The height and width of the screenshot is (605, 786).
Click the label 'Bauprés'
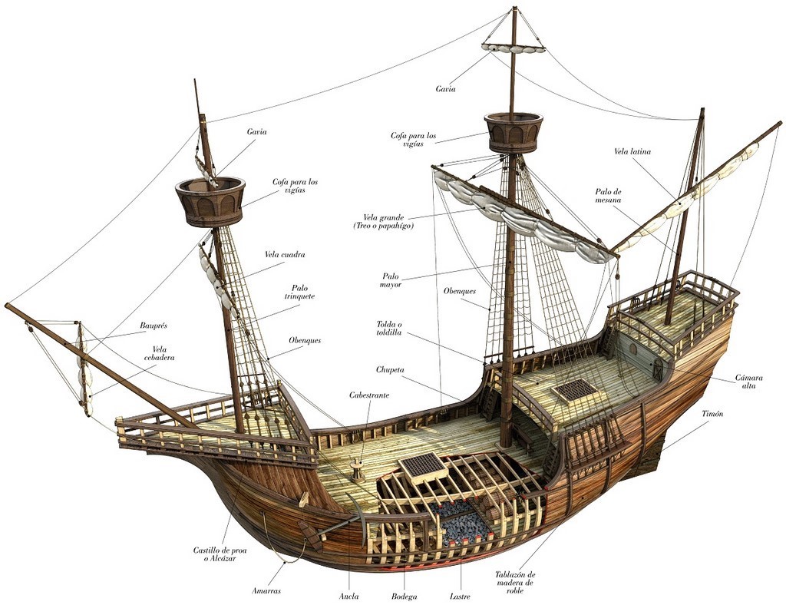pos(154,326)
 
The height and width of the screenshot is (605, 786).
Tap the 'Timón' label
pos(712,414)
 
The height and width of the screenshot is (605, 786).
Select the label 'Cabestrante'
pos(369,395)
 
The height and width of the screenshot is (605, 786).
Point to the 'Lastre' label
pos(461,596)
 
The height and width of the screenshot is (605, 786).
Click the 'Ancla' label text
pos(348,596)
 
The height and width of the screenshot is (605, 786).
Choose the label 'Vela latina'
pos(632,151)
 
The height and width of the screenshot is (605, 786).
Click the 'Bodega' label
pos(404,596)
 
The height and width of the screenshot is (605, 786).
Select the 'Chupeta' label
pos(391,370)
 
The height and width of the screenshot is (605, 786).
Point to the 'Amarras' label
pos(266,590)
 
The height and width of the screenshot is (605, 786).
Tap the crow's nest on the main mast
pos(514,131)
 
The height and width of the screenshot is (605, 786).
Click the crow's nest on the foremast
pos(210,201)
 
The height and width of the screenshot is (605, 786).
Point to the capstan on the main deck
pos(357,470)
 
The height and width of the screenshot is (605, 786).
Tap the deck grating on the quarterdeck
pos(576,390)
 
